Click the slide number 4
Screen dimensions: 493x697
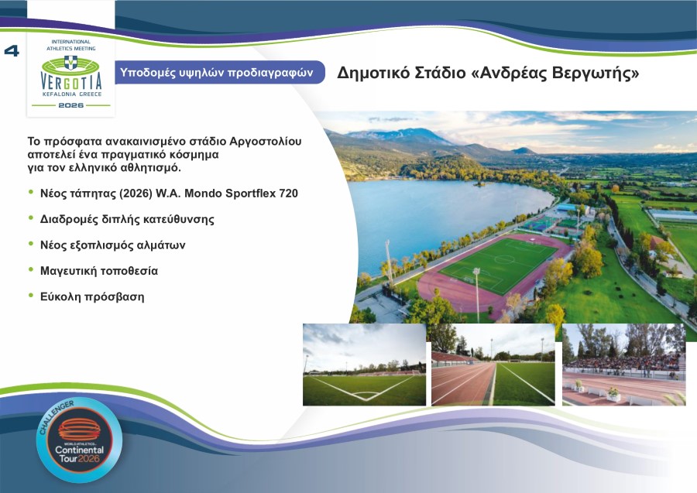point(12,51)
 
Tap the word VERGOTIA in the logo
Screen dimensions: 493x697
point(70,80)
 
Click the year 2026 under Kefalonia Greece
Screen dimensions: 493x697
point(70,104)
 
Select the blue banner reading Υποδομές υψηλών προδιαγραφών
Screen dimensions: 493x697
point(216,73)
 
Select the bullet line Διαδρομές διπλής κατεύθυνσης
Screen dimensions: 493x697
point(127,219)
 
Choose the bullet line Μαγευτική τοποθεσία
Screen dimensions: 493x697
point(98,270)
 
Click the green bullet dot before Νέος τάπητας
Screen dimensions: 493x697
point(32,193)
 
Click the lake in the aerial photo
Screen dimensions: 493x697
point(434,209)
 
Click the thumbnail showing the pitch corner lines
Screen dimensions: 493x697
point(364,365)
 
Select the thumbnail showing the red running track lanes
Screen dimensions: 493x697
point(493,365)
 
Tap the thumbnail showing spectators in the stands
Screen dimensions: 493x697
point(623,365)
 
